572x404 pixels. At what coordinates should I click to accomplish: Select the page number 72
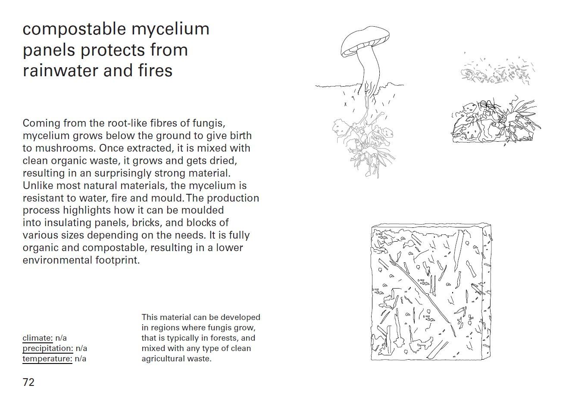(x=28, y=382)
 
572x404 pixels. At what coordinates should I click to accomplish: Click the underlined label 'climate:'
(x=38, y=338)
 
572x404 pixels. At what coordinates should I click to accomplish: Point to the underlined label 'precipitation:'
(x=48, y=348)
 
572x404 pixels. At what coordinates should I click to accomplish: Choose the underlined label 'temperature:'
(x=47, y=359)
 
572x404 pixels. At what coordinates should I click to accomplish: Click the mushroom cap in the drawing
(x=365, y=41)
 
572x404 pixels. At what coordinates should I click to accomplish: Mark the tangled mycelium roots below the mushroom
(x=364, y=143)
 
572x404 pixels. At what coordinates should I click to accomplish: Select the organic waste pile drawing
(x=495, y=121)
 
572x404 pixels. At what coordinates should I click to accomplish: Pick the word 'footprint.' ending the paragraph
(x=118, y=260)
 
